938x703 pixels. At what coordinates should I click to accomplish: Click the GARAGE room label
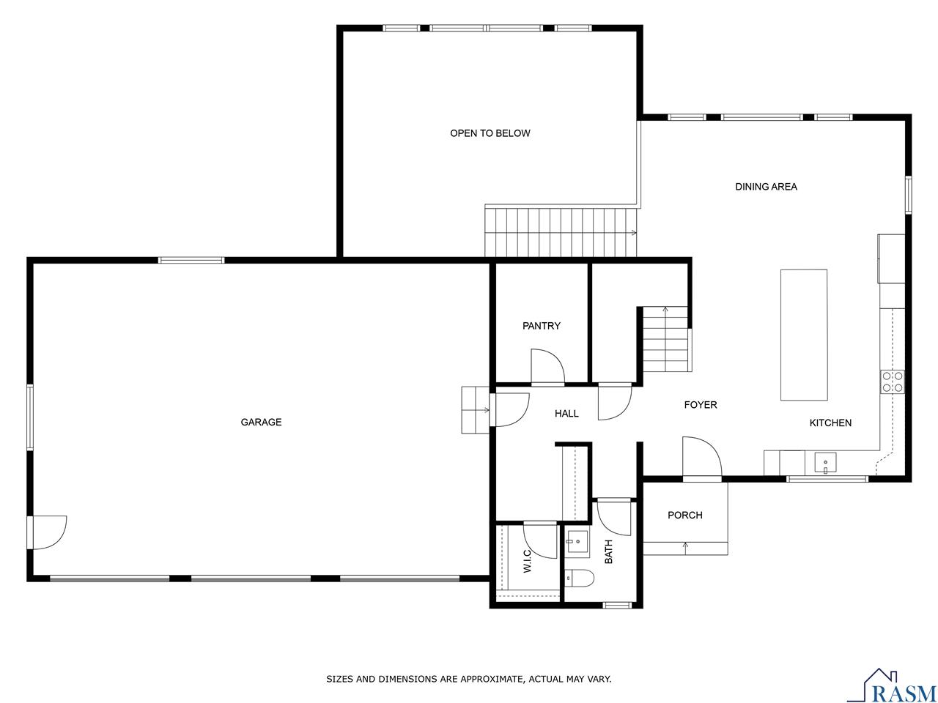tap(261, 422)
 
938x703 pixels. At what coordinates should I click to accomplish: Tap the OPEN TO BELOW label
tap(490, 133)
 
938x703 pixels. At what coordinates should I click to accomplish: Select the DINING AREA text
tap(766, 187)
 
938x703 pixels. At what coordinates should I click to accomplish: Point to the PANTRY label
tap(541, 326)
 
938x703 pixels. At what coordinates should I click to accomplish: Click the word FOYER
tap(700, 405)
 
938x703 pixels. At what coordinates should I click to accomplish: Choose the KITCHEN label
tap(830, 423)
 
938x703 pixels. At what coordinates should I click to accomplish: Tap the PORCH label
tap(684, 516)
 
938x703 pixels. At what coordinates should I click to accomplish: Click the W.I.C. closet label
tap(527, 561)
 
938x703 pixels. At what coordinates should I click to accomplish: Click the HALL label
tap(566, 414)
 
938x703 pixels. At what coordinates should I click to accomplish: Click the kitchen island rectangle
tap(803, 335)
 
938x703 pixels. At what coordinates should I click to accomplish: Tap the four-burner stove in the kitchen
tap(892, 382)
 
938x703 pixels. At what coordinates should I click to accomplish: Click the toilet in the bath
tap(579, 578)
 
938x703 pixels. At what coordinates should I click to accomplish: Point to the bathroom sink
tap(577, 542)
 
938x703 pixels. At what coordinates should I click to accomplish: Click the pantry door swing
tap(546, 366)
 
